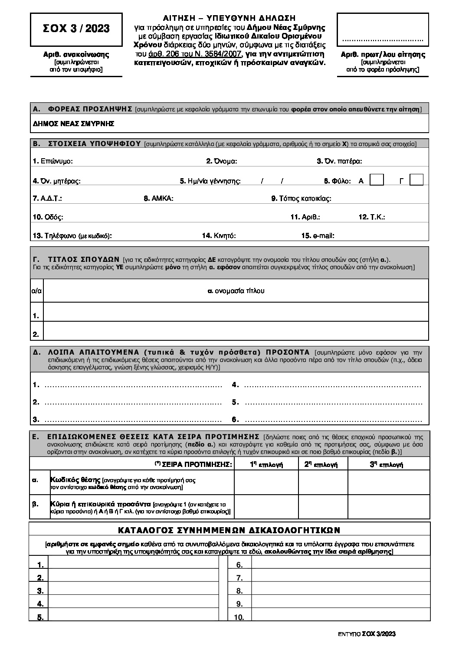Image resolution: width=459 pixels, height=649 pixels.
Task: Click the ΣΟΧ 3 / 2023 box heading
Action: point(76,29)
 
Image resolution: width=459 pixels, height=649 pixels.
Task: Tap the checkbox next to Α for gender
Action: point(377,180)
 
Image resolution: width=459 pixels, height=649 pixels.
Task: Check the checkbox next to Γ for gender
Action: point(416,180)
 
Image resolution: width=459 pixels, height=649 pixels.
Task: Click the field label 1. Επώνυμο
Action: point(52,161)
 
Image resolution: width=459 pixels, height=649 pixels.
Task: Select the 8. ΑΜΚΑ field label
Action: point(158,199)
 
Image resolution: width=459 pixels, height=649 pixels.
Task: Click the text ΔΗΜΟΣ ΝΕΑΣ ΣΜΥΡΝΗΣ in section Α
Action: point(73,124)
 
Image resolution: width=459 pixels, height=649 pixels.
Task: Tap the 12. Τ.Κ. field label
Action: point(372,217)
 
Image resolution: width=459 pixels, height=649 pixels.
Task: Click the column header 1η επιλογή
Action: point(266,464)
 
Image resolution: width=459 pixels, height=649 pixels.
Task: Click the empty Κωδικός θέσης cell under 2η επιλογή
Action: point(323,483)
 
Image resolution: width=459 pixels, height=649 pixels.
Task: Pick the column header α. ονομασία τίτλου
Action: point(236,291)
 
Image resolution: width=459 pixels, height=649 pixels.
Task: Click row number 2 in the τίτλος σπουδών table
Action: point(36,334)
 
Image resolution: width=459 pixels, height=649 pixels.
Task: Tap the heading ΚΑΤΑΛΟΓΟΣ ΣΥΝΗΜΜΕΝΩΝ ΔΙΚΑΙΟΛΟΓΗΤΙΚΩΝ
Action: point(229,530)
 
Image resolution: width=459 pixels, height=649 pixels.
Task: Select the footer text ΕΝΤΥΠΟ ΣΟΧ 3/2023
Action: point(367,634)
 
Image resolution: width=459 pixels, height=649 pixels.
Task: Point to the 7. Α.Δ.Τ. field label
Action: point(47,199)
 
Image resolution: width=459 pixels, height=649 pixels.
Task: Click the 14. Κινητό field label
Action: point(219,236)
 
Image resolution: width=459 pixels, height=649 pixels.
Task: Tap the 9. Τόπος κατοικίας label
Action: point(301,199)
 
